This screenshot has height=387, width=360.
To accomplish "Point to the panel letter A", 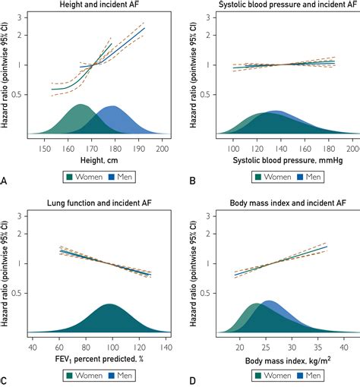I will (5, 181).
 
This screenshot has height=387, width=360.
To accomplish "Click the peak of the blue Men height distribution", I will (112, 106).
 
